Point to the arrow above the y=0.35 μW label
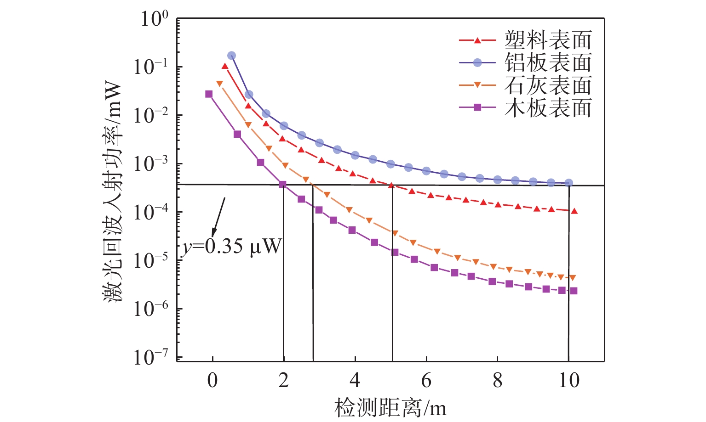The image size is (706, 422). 218,217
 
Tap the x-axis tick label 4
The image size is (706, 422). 355,381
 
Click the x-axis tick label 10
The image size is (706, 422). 568,381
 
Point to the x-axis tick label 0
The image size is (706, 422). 212,381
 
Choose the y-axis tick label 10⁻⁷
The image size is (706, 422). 151,357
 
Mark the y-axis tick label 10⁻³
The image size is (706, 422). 151,163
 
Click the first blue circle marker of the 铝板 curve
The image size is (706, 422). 231,56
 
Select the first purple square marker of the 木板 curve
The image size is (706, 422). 209,94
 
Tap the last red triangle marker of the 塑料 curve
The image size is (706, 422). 574,211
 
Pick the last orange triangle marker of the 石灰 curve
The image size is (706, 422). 573,278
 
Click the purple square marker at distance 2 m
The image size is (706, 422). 283,184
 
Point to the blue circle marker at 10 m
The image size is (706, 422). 568,183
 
